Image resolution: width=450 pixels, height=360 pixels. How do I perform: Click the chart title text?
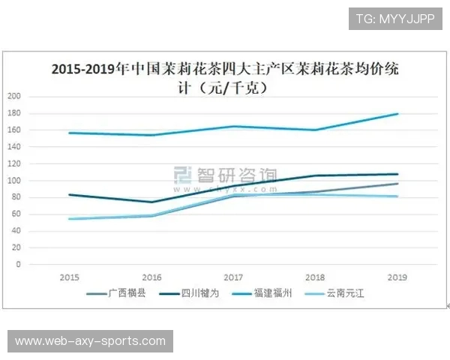click(x=225, y=77)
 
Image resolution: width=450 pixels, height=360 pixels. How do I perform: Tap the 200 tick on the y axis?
click(x=15, y=96)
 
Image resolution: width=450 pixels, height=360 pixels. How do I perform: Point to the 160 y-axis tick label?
click(x=15, y=130)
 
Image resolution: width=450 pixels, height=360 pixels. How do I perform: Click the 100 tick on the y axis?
click(x=15, y=181)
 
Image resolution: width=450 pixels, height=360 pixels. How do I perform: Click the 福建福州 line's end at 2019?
click(x=397, y=114)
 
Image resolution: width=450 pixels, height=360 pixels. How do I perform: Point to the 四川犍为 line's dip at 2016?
click(x=152, y=202)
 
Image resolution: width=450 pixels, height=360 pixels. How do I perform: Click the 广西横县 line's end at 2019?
click(x=397, y=184)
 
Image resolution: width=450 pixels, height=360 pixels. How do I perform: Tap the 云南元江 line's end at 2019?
click(x=397, y=196)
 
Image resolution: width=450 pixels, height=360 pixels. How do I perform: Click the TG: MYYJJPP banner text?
click(x=394, y=19)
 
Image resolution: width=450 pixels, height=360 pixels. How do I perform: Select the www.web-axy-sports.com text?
click(x=90, y=341)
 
